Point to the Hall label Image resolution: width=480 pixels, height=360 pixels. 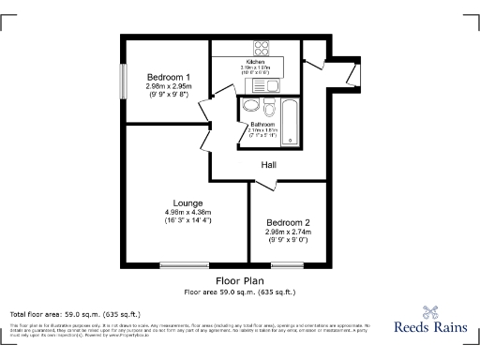click(268, 166)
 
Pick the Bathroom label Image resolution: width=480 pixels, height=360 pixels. click(262, 125)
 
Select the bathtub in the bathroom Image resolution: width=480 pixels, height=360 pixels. click(290, 121)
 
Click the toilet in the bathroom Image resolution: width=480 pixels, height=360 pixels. click(268, 104)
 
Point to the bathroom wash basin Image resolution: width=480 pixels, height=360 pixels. click(250, 106)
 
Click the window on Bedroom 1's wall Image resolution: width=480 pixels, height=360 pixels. click(122, 78)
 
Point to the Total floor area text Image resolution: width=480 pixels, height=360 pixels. click(74, 314)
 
